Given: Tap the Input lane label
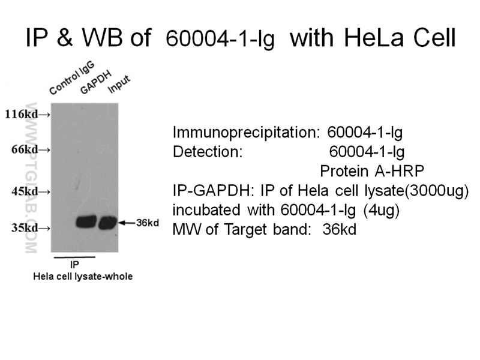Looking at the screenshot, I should coord(119,85).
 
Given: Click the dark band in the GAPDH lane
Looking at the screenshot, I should coord(86,222).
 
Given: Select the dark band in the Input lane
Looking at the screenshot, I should coord(108,223).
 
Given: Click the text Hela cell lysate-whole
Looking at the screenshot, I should coord(82,276).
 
